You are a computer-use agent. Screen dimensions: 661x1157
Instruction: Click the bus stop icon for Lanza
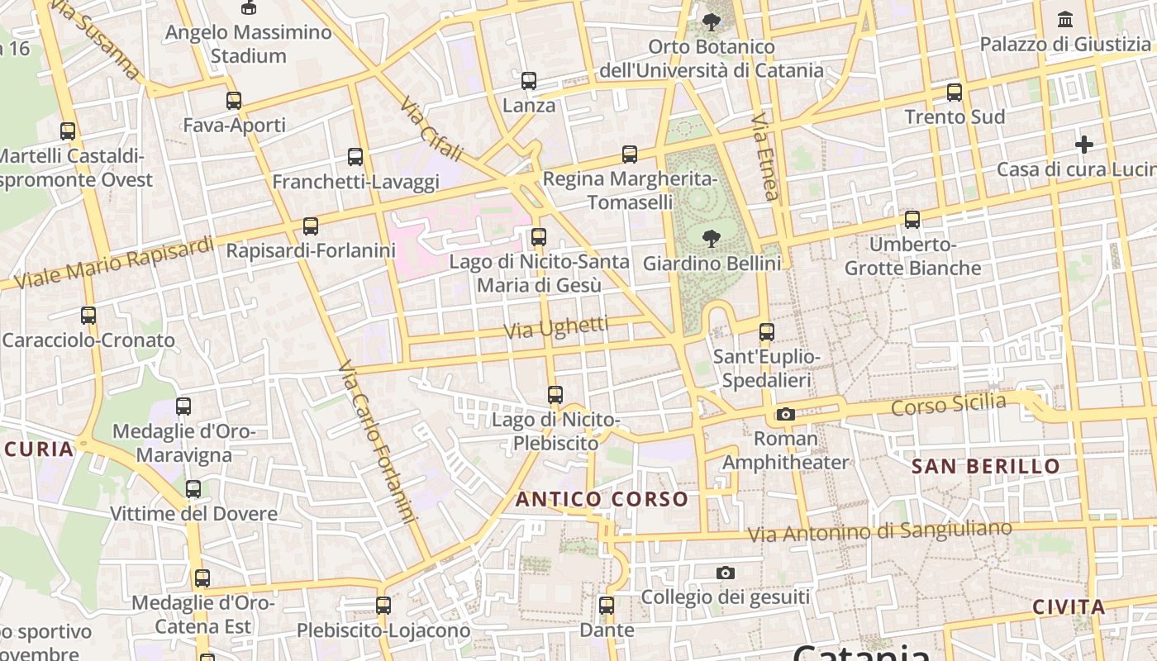[529, 81]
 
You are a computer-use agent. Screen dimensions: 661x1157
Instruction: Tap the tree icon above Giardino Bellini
[711, 240]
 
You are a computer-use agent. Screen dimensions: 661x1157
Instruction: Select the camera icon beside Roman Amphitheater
[785, 414]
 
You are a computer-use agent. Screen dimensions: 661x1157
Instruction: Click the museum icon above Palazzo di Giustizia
[1065, 19]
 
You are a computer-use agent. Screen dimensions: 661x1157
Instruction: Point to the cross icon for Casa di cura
[1084, 145]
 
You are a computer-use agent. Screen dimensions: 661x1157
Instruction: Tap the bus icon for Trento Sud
[955, 92]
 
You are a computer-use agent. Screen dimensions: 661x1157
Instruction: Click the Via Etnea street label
[765, 156]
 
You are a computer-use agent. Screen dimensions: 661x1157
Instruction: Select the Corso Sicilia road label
[949, 405]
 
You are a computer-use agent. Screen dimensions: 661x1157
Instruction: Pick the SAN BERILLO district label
[985, 466]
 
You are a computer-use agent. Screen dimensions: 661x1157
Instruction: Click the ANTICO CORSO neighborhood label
[602, 499]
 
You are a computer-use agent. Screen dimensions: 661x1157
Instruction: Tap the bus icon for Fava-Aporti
[234, 101]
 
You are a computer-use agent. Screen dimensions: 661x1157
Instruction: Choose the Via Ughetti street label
[556, 328]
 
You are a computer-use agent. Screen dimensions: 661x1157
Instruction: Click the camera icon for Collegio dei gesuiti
[725, 573]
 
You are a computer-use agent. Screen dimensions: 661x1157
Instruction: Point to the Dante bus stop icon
[607, 606]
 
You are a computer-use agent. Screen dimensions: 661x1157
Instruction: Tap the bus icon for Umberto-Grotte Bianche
[912, 220]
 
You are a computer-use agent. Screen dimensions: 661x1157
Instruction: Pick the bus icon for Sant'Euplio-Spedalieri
[767, 332]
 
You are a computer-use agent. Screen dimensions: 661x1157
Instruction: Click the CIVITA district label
[1069, 607]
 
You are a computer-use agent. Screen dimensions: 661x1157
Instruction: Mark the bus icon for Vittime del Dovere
[193, 489]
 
